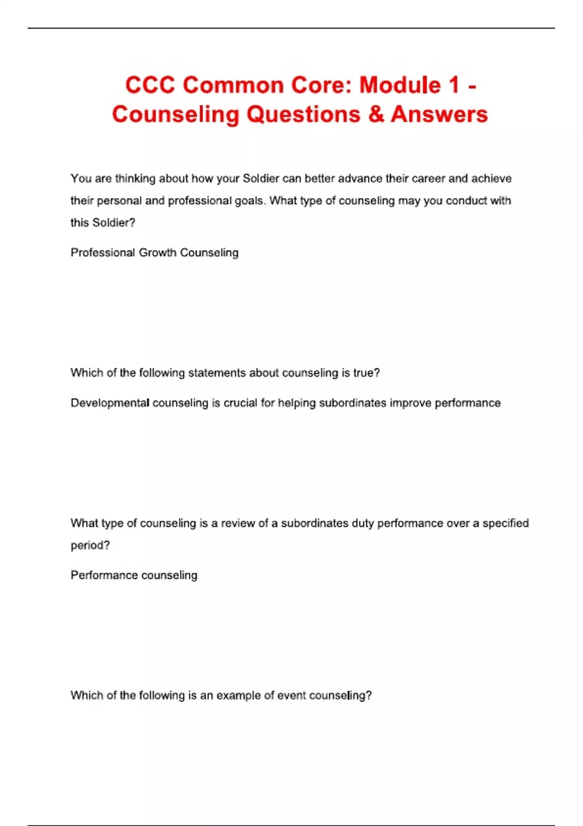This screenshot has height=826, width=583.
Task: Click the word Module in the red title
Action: pos(400,85)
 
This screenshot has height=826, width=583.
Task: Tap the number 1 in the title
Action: pos(454,85)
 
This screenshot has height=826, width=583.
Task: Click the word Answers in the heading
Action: pos(439,114)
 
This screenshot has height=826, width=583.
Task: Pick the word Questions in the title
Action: pos(303,114)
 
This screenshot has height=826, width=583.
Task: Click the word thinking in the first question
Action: pos(135,179)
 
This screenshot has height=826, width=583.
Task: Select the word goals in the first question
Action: pos(250,201)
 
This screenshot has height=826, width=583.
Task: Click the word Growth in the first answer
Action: pos(157,253)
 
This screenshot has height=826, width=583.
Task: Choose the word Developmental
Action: pos(110,403)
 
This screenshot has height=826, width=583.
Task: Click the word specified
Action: pos(505,523)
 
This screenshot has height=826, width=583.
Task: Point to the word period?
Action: pos(90,545)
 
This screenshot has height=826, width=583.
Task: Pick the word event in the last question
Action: pos(291,695)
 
